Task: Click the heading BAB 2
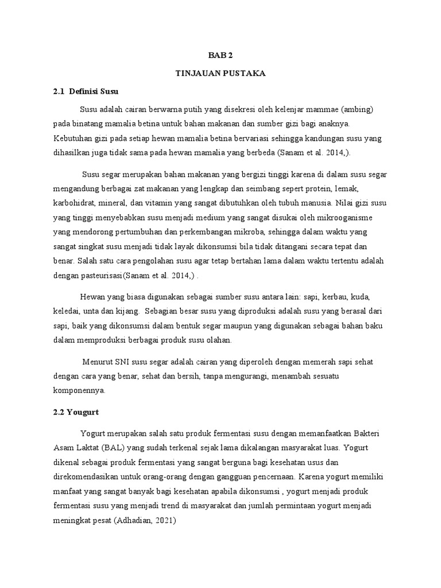point(221,56)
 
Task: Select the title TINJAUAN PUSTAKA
point(221,73)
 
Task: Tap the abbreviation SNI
point(121,361)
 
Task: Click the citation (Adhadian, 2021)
point(148,521)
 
